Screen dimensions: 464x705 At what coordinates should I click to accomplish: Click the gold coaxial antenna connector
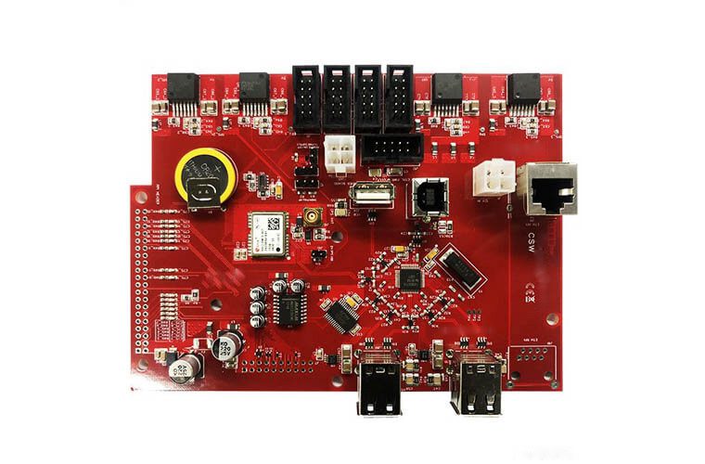314,219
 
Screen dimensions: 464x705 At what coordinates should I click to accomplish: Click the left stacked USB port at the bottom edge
380,380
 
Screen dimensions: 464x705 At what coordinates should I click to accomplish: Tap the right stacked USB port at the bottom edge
477,380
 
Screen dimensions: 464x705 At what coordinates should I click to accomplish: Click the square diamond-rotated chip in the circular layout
409,276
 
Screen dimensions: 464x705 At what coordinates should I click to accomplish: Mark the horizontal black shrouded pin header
391,148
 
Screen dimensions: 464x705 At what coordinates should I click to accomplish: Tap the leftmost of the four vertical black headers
307,97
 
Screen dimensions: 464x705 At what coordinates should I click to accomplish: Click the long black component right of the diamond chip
458,269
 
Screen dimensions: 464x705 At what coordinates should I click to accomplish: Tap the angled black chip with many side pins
342,313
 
